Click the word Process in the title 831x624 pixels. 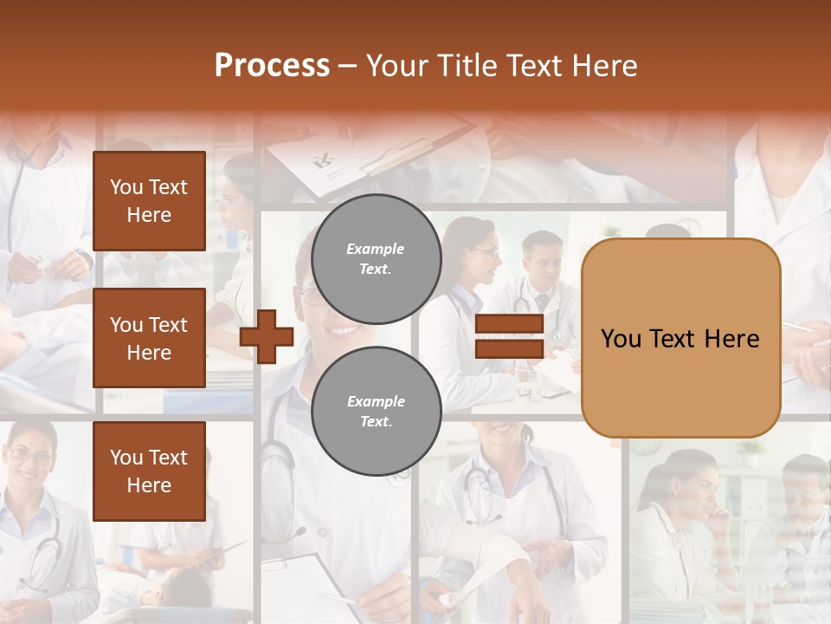(x=272, y=66)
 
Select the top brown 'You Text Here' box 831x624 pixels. (x=149, y=201)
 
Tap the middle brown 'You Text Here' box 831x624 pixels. (x=149, y=338)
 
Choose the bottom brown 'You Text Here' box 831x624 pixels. (x=149, y=471)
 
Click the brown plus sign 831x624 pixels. (x=267, y=336)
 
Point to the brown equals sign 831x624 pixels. (x=510, y=336)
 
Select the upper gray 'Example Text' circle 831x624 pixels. (x=376, y=258)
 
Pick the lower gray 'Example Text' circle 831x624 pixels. (x=376, y=412)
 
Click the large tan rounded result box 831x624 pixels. (x=680, y=338)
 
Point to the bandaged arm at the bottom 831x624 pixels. (x=472, y=555)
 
